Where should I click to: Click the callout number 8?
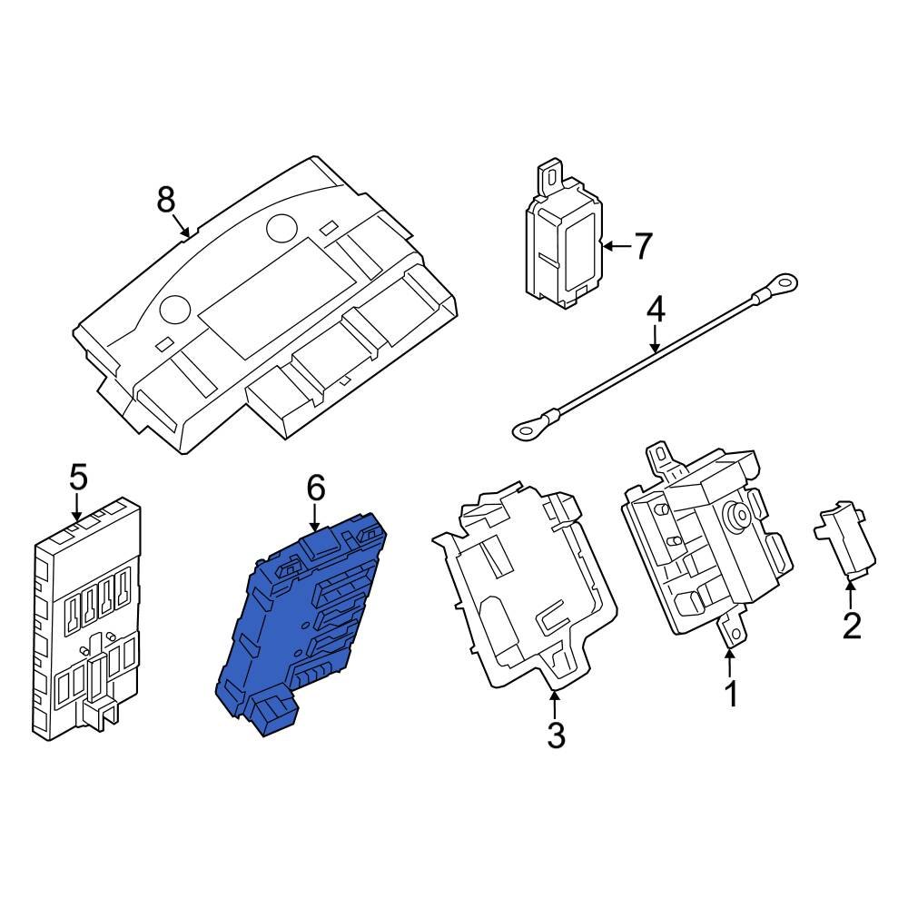click(x=164, y=199)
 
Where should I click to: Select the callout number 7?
click(x=642, y=246)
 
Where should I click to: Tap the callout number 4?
click(x=656, y=310)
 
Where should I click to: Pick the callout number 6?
click(x=314, y=489)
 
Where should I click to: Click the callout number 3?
click(x=556, y=735)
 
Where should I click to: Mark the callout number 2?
click(x=851, y=626)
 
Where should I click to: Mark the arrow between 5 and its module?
click(x=77, y=507)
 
